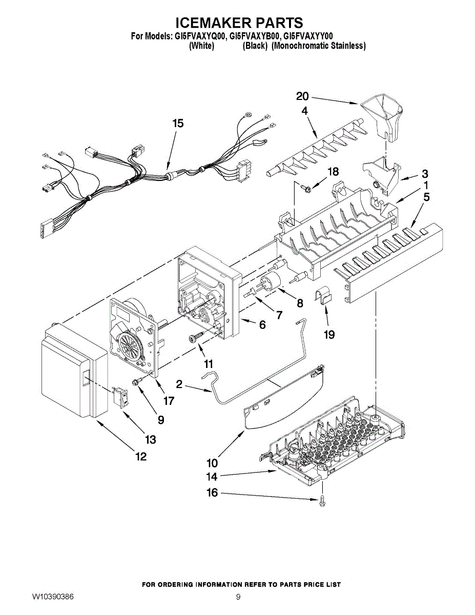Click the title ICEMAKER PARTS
pyautogui.click(x=239, y=23)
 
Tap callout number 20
pyautogui.click(x=302, y=96)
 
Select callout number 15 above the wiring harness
pyautogui.click(x=178, y=124)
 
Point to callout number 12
pyautogui.click(x=140, y=456)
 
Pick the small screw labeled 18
pyautogui.click(x=306, y=188)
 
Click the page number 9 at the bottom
pyautogui.click(x=238, y=597)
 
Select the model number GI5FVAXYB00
pyautogui.click(x=254, y=36)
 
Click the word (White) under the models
pyautogui.click(x=201, y=46)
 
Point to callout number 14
pyautogui.click(x=212, y=477)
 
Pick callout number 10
pyautogui.click(x=213, y=463)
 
